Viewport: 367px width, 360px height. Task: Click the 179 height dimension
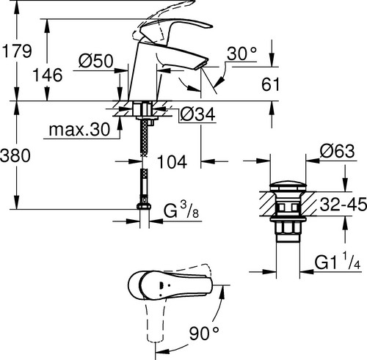pos(17,51)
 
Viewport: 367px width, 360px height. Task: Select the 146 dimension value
pos(47,75)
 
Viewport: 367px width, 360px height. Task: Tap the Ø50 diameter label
pos(96,61)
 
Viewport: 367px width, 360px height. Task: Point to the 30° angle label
pos(242,54)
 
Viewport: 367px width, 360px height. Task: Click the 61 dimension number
pos(270,84)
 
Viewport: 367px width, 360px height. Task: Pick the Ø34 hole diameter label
pos(198,114)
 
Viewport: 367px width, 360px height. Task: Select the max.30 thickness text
pos(79,130)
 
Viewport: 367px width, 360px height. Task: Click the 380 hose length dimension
pos(15,155)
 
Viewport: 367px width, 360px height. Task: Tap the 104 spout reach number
pos(172,161)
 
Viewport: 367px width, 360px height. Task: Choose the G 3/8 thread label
pos(181,210)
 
